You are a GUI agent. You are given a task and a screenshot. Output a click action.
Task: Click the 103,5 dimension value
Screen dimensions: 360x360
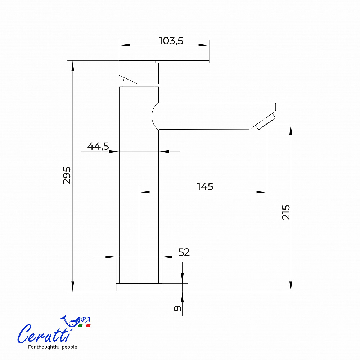point(171,41)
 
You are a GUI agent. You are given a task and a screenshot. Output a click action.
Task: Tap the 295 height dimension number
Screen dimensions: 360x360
point(67,175)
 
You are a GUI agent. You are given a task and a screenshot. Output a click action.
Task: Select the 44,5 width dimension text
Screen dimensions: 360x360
point(98,146)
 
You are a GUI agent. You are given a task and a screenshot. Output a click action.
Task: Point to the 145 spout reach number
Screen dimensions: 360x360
point(205,186)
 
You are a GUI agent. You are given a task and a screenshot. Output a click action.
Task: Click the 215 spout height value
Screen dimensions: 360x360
point(286,212)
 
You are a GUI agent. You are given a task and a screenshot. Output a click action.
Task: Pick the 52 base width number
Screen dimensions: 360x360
point(184,252)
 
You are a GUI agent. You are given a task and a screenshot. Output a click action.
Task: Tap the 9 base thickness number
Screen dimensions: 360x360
point(177,309)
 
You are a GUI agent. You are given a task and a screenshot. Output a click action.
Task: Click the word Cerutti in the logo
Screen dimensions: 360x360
point(44,334)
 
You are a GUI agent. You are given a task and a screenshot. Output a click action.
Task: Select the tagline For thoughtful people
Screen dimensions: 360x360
point(52,347)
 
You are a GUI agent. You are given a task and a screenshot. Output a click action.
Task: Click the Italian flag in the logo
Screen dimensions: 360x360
point(84,325)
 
